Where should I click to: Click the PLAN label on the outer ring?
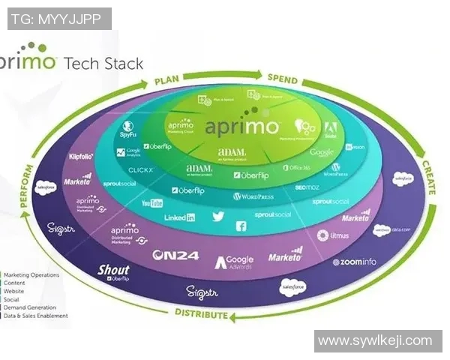coord(169,80)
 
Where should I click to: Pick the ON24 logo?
coord(175,255)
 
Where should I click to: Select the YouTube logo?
coord(152,203)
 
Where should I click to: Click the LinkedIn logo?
coord(179,217)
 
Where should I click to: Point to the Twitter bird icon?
coord(218,216)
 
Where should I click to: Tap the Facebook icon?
coord(241,226)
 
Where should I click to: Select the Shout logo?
coord(113,271)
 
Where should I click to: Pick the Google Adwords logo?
coord(235,262)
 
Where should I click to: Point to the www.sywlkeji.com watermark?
coord(374,340)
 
